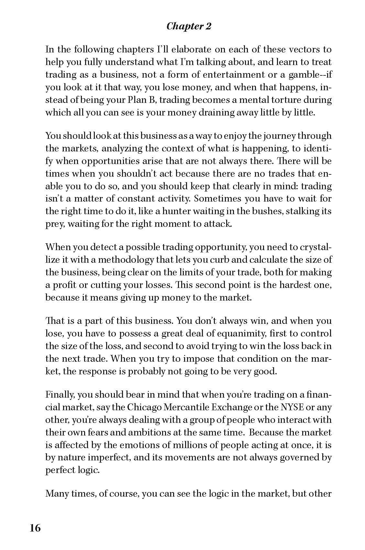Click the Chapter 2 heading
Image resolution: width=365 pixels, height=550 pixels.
tap(189, 26)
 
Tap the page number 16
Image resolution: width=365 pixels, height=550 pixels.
tap(35, 528)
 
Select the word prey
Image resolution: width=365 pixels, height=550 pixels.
tap(54, 224)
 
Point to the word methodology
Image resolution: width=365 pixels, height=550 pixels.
tap(128, 260)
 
